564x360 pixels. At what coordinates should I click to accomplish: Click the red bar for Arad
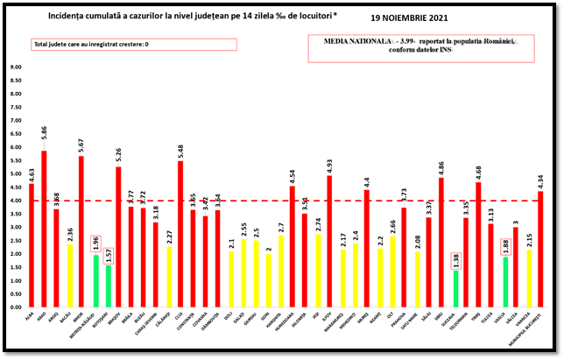point(44,229)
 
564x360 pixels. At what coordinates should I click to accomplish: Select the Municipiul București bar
point(540,249)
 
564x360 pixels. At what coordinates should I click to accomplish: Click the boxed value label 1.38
point(455,261)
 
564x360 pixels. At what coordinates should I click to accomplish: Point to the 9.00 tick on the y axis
point(16,67)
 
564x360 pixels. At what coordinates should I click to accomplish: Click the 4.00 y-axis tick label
point(16,201)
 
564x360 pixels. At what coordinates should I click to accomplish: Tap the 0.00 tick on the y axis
point(16,307)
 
